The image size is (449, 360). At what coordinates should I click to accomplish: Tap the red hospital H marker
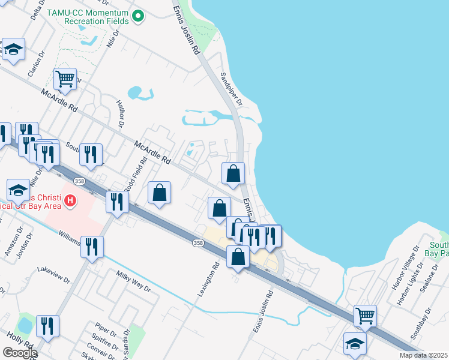71,200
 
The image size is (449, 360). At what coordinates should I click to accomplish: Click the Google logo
20,353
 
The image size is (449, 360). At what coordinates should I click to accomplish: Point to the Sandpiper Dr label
231,88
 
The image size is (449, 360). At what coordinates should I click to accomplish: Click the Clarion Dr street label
37,64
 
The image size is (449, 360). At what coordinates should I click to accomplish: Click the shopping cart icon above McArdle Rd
65,78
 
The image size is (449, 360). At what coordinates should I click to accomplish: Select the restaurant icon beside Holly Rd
47,326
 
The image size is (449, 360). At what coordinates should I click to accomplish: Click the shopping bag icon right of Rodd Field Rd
160,193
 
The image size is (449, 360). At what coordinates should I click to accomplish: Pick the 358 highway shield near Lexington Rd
197,243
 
